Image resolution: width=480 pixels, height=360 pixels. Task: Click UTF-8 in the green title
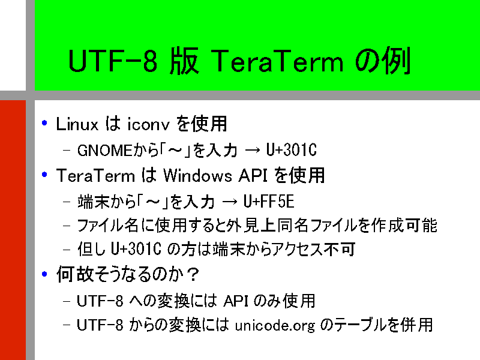point(113,61)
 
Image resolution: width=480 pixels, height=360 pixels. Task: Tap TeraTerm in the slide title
point(277,61)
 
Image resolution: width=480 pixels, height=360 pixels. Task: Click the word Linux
point(77,124)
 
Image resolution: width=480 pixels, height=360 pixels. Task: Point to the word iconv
point(148,124)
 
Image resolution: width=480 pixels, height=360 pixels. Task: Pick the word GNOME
point(104,151)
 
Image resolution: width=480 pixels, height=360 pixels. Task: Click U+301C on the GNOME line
point(291,150)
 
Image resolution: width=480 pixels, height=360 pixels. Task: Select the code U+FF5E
point(268,202)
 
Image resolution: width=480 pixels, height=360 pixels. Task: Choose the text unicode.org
point(275,326)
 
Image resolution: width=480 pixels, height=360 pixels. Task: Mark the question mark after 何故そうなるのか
point(193,274)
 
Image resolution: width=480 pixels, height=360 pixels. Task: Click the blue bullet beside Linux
point(44,123)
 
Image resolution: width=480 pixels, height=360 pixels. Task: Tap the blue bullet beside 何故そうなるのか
point(44,274)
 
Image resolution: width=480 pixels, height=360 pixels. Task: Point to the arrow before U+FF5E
point(230,202)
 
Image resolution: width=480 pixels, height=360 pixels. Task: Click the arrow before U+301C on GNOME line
point(252,151)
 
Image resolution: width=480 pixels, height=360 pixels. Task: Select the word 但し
point(91,249)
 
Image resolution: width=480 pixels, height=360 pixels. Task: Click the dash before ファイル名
point(67,226)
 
